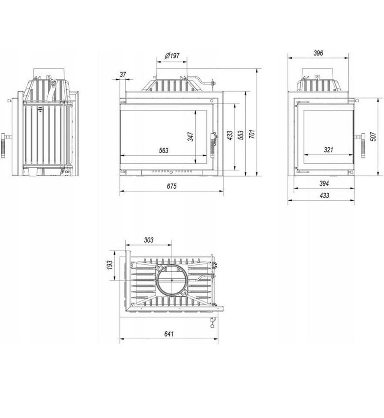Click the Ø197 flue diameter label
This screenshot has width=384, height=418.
click(172, 56)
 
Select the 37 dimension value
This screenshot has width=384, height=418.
click(123, 74)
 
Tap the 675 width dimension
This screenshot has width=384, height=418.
click(171, 186)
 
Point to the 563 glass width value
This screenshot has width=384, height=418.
click(164, 150)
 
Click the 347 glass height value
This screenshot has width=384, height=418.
click(190, 136)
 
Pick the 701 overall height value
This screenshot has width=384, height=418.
click(252, 134)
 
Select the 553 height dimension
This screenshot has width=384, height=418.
click(240, 135)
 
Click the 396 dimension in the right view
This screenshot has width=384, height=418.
click(318, 53)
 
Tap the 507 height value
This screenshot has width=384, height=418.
click(374, 136)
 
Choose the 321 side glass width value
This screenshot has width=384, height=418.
click(328, 150)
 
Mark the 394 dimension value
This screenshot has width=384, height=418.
click(324, 183)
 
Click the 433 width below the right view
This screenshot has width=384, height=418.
click(324, 196)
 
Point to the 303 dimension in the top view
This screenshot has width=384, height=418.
click(149, 240)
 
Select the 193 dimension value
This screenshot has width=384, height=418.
click(110, 265)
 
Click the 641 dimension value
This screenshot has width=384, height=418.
click(169, 334)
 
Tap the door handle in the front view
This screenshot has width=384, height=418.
click(214, 144)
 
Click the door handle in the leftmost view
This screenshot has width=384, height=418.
click(3, 145)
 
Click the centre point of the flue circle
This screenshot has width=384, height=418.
click(172, 280)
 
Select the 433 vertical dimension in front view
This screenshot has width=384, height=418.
click(230, 135)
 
